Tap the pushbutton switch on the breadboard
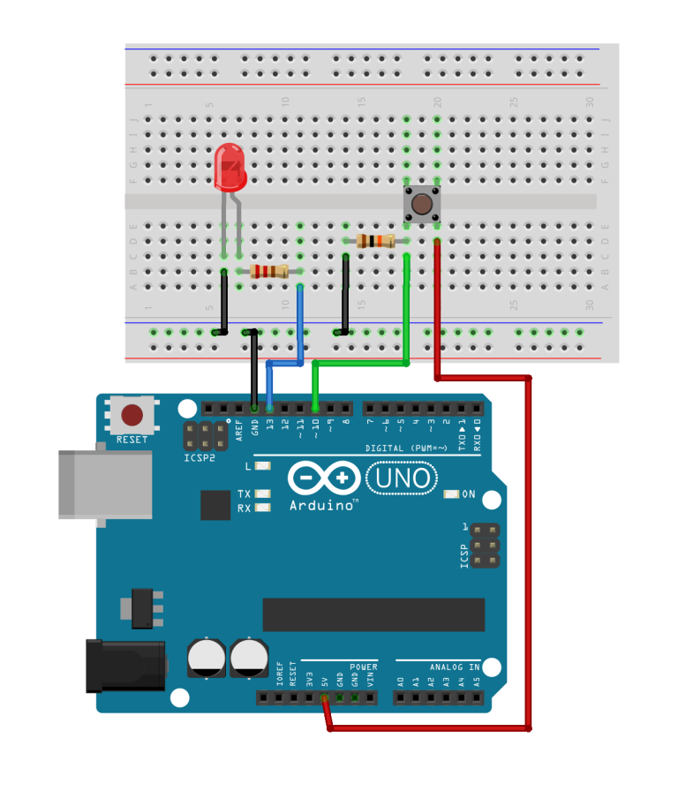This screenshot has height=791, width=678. [x=422, y=204]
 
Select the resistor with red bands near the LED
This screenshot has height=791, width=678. [x=269, y=271]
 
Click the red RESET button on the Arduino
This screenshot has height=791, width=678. [x=132, y=415]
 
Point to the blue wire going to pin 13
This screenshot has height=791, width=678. [x=300, y=327]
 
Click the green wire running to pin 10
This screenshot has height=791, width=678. [x=406, y=309]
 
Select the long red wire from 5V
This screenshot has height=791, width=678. [x=529, y=547]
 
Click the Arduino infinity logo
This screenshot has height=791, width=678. [x=324, y=479]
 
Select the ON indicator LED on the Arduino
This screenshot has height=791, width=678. [x=451, y=494]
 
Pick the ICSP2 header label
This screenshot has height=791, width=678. [x=200, y=458]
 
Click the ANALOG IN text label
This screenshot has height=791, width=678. [x=455, y=667]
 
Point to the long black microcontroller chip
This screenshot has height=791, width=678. [x=373, y=614]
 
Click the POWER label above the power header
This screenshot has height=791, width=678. [x=363, y=667]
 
